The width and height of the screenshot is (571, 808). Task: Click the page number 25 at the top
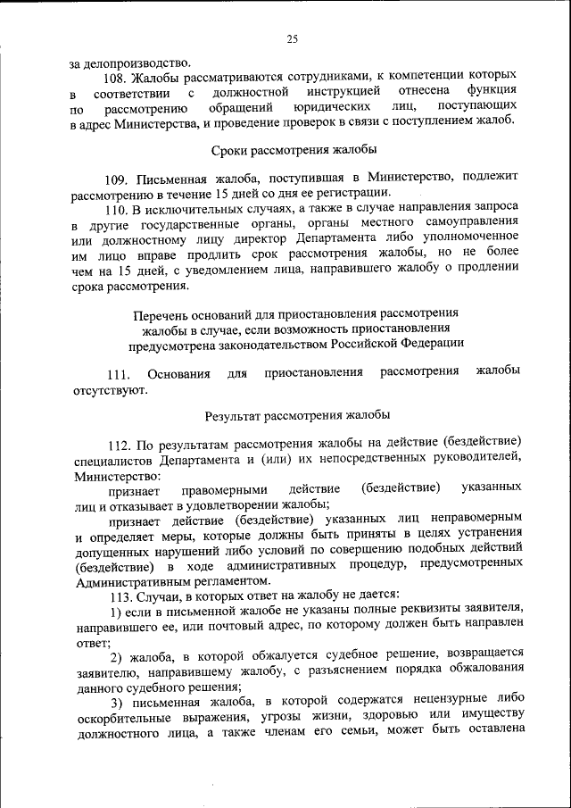point(292,38)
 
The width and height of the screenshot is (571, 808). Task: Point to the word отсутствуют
point(110,389)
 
